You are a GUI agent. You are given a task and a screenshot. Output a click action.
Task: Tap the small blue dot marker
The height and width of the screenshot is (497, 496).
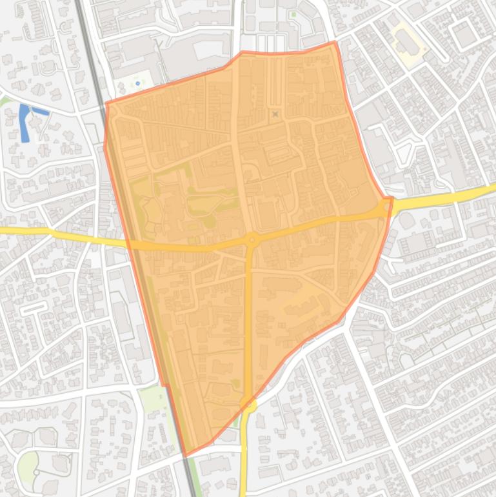click(x=137, y=83)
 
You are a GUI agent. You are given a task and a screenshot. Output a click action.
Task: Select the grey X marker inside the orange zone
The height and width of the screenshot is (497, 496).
click(x=275, y=114)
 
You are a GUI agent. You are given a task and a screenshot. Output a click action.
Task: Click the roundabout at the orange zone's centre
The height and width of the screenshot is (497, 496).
click(x=251, y=241)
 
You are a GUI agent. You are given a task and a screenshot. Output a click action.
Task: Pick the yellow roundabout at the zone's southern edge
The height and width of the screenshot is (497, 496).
click(x=248, y=405)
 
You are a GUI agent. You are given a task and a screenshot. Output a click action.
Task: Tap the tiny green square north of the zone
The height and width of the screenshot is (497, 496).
click(x=293, y=14)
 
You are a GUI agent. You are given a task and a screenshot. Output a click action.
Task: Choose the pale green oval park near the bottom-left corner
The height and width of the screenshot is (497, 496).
click(x=28, y=466)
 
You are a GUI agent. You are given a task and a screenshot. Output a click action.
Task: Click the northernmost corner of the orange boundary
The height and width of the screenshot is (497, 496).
click(x=334, y=43)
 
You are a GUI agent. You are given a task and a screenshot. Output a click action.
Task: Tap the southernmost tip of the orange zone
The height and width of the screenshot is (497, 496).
click(x=186, y=456)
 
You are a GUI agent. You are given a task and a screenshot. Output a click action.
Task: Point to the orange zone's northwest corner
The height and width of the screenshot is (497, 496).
click(x=106, y=103)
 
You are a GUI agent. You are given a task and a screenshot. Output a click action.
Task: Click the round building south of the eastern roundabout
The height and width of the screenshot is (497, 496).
click(x=407, y=220)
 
